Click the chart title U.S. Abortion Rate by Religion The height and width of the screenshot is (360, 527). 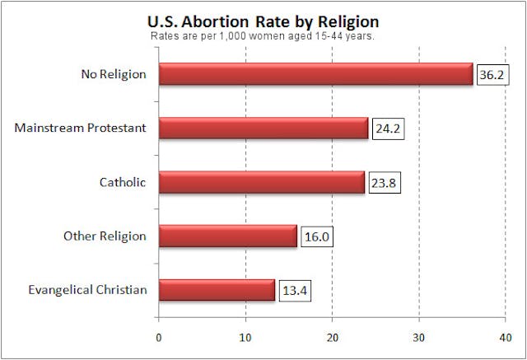coord(263,21)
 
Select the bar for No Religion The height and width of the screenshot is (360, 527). coord(316,74)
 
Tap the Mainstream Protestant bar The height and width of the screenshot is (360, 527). coord(263,128)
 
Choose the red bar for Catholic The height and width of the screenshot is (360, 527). coord(262,182)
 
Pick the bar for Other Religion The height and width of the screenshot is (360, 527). coord(228,236)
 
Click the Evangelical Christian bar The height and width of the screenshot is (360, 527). coord(217,290)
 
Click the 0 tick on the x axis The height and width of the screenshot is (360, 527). coord(159,336)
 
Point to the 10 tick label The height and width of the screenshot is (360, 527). coord(245,336)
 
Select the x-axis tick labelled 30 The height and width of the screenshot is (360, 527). coord(419,336)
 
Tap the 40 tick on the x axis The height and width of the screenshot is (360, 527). coord(506,336)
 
